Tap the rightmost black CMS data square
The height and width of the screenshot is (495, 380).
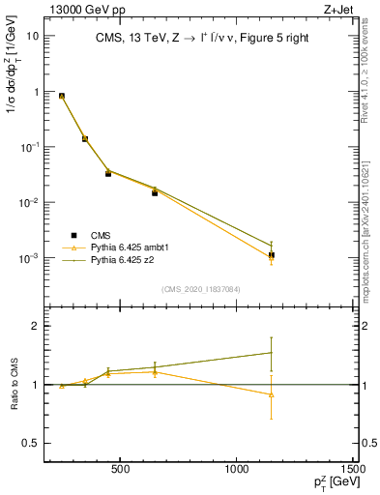coord(272,255)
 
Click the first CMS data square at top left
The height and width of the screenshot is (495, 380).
coord(62,97)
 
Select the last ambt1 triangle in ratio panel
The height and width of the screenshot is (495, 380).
coord(272,394)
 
